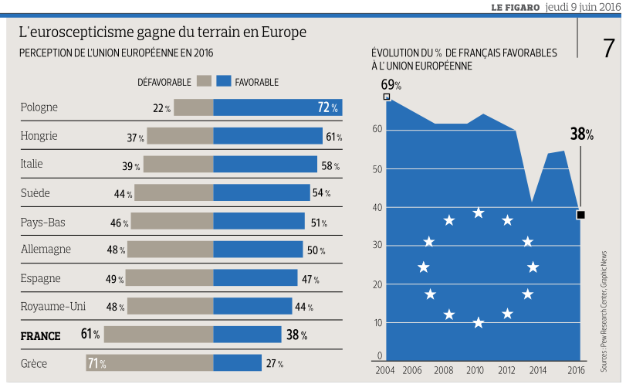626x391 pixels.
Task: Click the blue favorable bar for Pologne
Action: coord(277,107)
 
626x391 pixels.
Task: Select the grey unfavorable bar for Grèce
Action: coord(149,362)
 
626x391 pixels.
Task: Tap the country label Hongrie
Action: coord(39,136)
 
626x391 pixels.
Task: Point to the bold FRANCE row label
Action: coord(40,335)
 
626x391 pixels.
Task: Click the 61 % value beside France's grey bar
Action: coord(90,335)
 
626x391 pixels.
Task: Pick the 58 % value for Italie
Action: coord(330,165)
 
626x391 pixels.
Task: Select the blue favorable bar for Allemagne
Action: coord(258,249)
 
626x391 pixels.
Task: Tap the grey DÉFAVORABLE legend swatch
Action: coord(204,81)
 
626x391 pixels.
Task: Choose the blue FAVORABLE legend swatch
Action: coord(225,81)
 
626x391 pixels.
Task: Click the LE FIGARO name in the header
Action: coord(515,7)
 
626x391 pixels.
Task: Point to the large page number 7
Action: coord(608,48)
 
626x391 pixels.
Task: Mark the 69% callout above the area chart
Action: coord(391,84)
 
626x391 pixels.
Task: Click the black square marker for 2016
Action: coord(580,215)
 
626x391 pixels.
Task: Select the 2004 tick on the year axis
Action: coord(385,371)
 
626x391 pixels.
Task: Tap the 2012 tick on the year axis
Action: coord(506,371)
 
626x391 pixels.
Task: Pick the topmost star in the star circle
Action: coord(479,212)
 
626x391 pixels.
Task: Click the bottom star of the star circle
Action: coord(479,323)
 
